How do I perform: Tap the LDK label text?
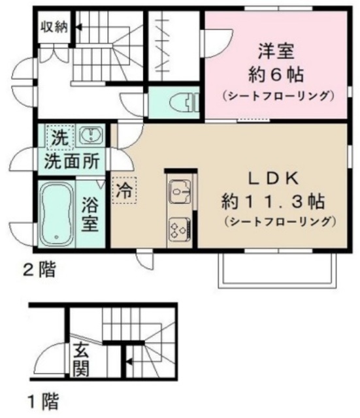(272, 178)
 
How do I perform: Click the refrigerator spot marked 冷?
(123, 191)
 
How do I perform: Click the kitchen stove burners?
(178, 229)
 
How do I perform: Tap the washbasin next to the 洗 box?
(90, 137)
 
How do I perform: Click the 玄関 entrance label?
(81, 361)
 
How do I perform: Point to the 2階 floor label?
(39, 268)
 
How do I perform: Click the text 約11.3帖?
(272, 199)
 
